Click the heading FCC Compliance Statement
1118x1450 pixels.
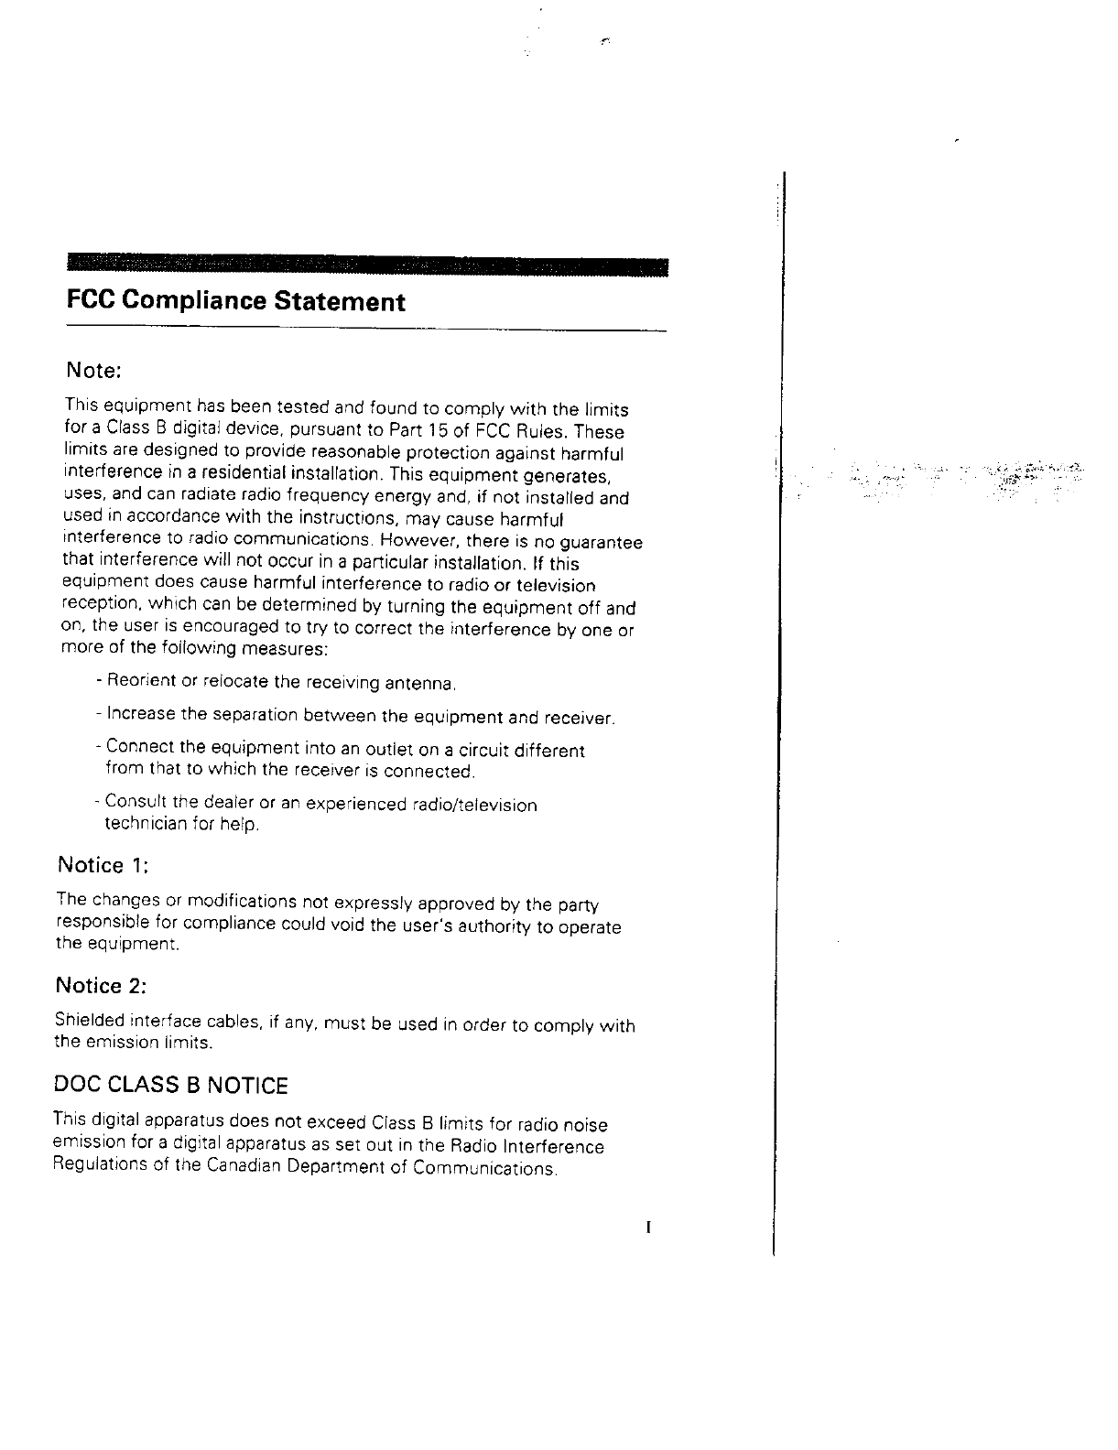(235, 301)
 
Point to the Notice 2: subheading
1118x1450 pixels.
(101, 986)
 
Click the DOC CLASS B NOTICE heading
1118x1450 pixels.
(171, 1086)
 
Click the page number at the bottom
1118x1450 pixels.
(647, 1228)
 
